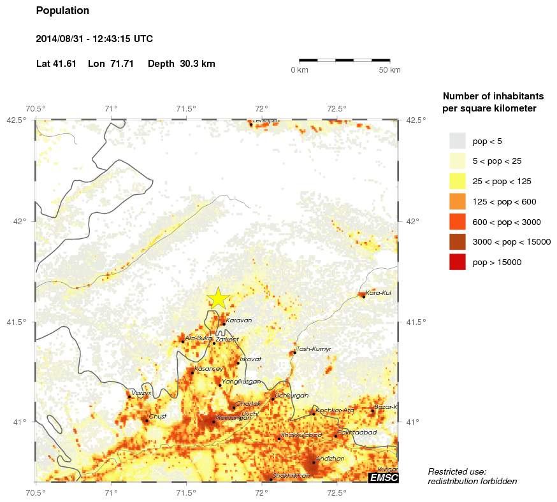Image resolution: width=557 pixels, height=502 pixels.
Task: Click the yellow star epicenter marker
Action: pyautogui.click(x=218, y=298)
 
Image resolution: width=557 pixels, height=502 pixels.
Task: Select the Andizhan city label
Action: pyautogui.click(x=330, y=459)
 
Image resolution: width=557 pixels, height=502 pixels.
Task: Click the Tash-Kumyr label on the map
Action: pyautogui.click(x=314, y=349)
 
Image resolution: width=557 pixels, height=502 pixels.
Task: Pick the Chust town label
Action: pyautogui.click(x=157, y=417)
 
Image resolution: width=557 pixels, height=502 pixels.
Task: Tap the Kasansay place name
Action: pyautogui.click(x=210, y=369)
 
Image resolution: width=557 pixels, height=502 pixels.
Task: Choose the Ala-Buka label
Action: pyautogui.click(x=198, y=338)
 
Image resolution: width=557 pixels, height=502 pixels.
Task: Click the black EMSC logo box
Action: pyautogui.click(x=384, y=477)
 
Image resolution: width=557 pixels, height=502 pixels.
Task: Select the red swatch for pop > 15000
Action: pyautogui.click(x=458, y=262)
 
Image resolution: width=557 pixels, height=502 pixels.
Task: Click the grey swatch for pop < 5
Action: pyautogui.click(x=458, y=141)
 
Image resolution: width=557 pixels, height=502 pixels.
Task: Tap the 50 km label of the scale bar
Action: pyautogui.click(x=389, y=70)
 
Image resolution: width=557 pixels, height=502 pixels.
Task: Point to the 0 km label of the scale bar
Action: pyautogui.click(x=300, y=70)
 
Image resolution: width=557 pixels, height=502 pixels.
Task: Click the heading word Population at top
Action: pyautogui.click(x=62, y=11)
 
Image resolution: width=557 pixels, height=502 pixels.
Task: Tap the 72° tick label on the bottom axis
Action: pyautogui.click(x=262, y=492)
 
